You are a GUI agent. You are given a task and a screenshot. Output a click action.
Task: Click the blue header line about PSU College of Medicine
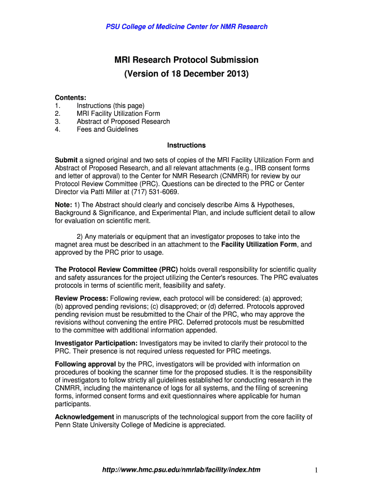tap(186, 27)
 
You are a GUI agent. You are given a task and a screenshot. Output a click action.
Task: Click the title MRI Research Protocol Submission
tap(186, 60)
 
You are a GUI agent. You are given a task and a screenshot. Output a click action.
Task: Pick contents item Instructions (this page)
tap(110, 106)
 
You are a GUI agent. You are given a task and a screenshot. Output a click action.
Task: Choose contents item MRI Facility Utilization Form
tap(118, 113)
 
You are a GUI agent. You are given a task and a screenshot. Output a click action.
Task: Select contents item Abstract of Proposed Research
tap(123, 122)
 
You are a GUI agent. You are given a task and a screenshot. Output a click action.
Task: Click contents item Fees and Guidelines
tap(107, 129)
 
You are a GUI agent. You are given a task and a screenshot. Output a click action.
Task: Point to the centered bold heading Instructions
tap(186, 145)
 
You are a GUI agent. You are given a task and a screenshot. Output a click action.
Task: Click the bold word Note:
tap(63, 205)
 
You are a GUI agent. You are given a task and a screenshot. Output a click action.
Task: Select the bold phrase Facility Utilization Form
tap(259, 245)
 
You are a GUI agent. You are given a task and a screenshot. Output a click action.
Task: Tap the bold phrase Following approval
tap(85, 364)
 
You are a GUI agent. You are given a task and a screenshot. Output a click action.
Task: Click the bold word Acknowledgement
tap(84, 417)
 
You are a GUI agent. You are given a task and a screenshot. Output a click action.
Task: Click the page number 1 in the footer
tap(315, 470)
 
